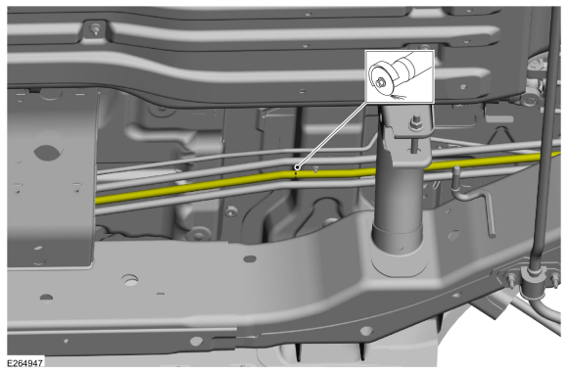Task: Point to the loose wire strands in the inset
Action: tap(401, 98)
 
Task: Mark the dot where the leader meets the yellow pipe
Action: tap(296, 174)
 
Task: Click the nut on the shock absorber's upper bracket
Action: tap(415, 123)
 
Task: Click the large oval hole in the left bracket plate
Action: tap(43, 154)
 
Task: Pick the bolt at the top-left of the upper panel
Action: tap(95, 29)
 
